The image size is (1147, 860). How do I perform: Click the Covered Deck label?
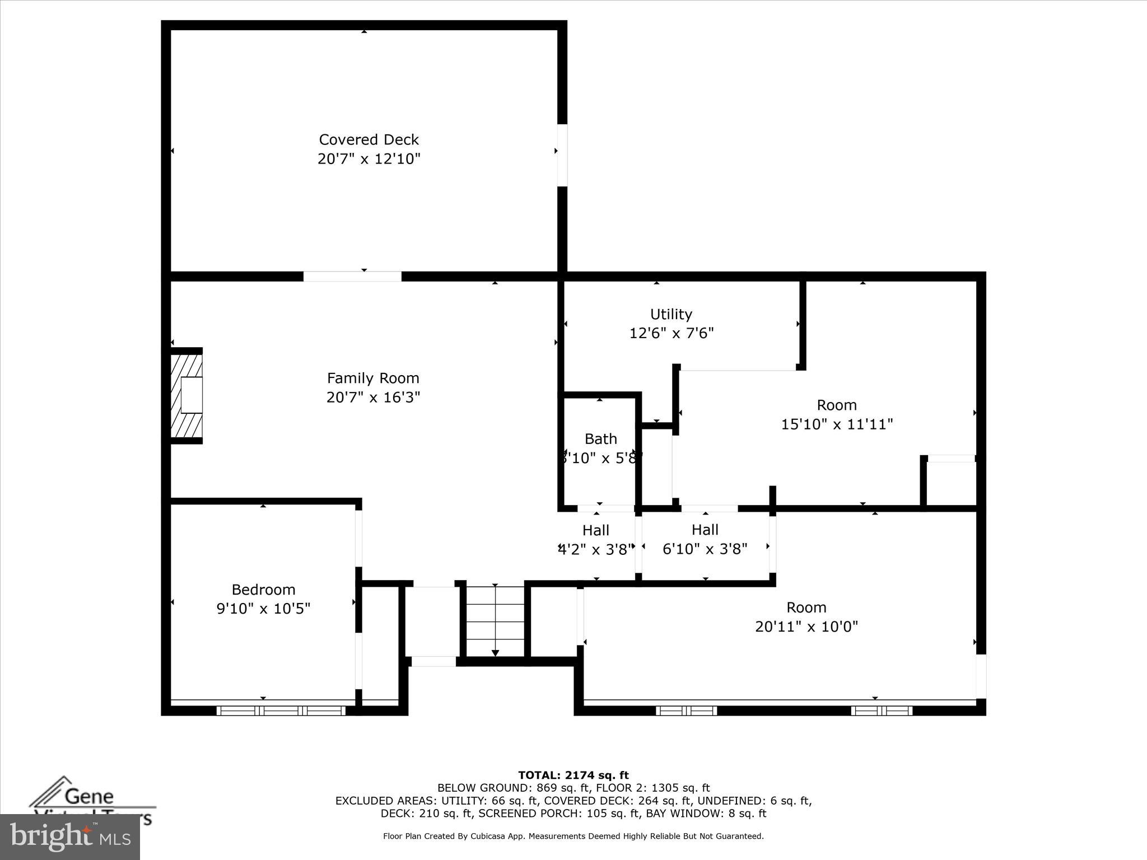click(369, 139)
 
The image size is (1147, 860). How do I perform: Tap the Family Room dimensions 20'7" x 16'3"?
click(373, 397)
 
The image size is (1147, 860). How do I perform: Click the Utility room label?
click(671, 314)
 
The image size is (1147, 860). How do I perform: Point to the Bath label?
click(600, 439)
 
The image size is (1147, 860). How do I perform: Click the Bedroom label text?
click(263, 590)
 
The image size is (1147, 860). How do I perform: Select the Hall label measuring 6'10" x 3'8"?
click(705, 530)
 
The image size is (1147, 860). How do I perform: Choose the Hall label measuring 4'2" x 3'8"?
click(595, 530)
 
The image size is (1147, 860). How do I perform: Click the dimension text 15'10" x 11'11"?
click(836, 424)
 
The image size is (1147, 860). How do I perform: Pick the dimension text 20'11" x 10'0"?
click(806, 627)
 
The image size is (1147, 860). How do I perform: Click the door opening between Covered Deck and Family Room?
click(352, 277)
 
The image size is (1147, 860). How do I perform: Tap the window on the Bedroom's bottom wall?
click(281, 711)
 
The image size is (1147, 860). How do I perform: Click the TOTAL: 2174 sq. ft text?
click(573, 775)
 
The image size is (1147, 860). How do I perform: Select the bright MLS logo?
click(70, 837)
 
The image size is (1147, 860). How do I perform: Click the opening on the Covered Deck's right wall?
click(562, 155)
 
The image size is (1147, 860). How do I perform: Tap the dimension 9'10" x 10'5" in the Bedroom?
click(263, 609)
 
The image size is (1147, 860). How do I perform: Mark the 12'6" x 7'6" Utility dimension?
click(671, 333)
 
